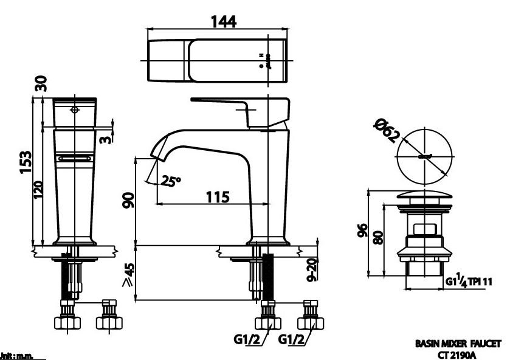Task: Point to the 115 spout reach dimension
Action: point(216,197)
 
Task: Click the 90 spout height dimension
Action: point(128,201)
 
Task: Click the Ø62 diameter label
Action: point(388,129)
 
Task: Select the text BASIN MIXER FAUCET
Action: point(458,344)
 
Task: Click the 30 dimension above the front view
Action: point(40,83)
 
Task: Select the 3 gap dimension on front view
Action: point(107,140)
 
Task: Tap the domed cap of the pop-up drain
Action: point(425,196)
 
